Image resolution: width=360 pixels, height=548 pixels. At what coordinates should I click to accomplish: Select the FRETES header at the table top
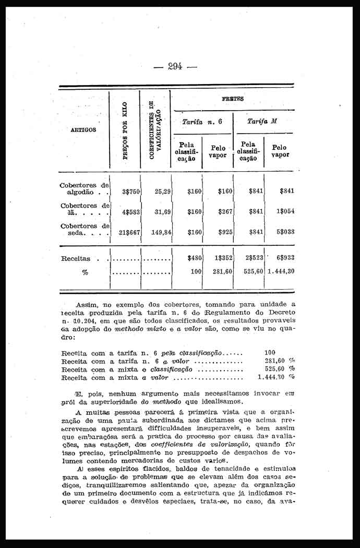[x=233, y=99]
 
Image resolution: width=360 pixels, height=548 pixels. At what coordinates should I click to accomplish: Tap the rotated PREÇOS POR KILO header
[x=125, y=131]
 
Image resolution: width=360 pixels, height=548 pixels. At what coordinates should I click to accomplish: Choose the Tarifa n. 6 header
[x=201, y=121]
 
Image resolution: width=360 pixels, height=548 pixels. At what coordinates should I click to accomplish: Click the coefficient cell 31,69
[x=163, y=212]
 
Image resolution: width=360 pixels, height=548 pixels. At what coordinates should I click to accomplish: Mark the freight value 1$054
[x=285, y=212]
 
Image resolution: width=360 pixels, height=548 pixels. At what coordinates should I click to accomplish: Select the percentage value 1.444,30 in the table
[x=281, y=271]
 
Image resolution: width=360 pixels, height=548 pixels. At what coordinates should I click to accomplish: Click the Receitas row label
[x=76, y=258]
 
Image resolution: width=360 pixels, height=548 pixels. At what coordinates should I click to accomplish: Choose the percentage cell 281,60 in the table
[x=220, y=271]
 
